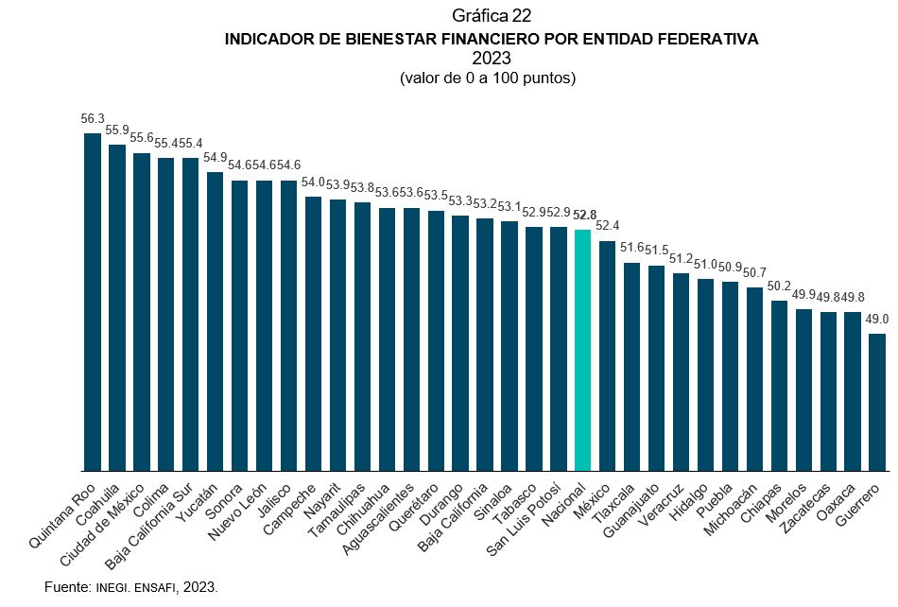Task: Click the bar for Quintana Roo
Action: [x=93, y=303]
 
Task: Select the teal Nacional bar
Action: [x=583, y=350]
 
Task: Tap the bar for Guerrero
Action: [x=877, y=402]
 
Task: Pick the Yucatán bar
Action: [x=215, y=321]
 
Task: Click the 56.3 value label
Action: [x=93, y=119]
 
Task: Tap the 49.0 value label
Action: [x=877, y=320]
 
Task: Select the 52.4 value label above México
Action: [x=608, y=226]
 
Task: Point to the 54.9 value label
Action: [x=216, y=157]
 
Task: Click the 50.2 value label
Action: [x=780, y=286]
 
